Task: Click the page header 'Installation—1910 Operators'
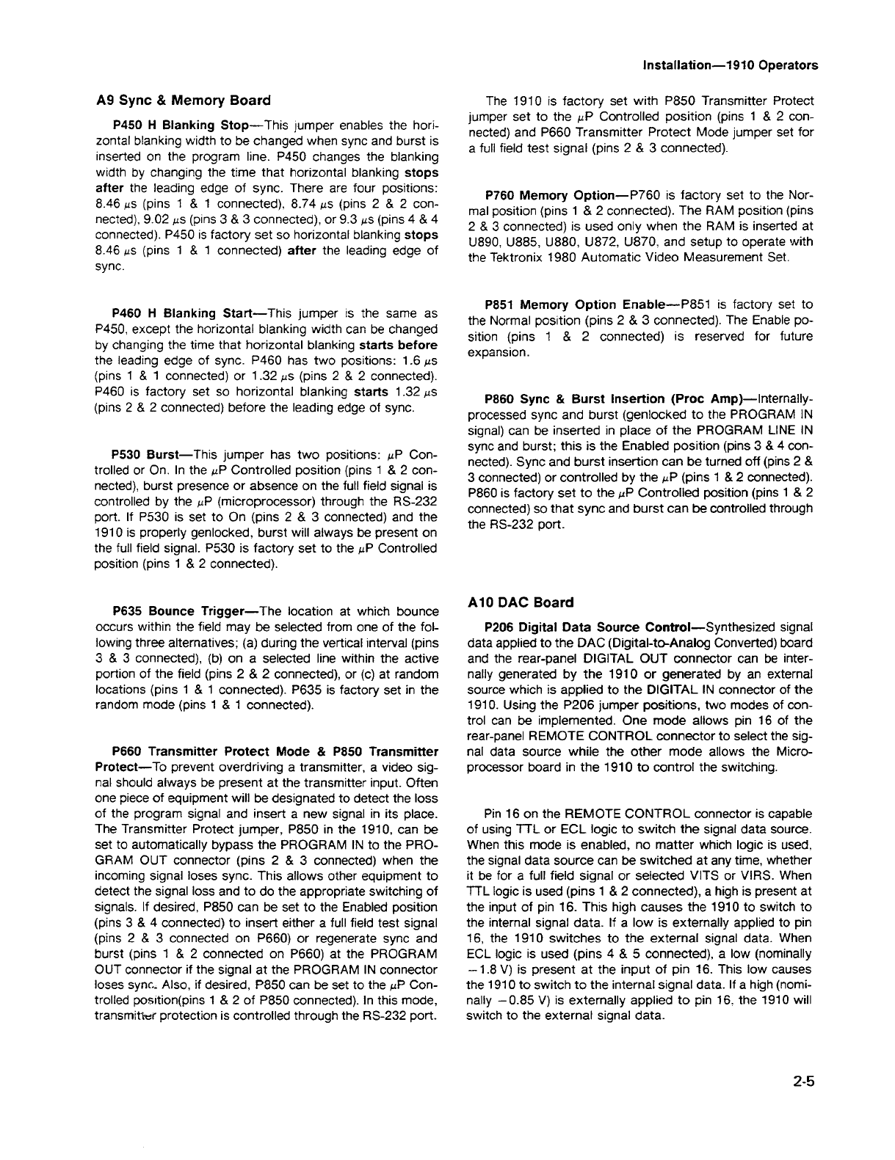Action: (730, 65)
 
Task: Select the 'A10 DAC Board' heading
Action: (520, 602)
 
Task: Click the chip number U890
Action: (484, 242)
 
